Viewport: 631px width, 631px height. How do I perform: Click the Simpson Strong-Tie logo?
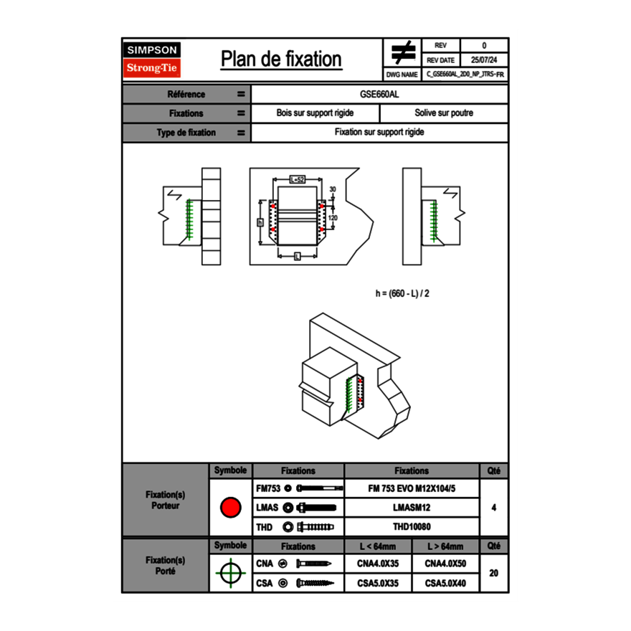(x=153, y=60)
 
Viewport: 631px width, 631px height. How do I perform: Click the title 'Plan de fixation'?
(x=281, y=59)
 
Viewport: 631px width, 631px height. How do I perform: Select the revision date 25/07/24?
(x=484, y=60)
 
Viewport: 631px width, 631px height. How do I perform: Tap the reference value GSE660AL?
(x=379, y=94)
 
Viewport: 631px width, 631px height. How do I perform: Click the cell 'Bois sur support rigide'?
(x=315, y=113)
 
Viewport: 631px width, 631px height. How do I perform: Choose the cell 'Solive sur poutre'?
(x=444, y=113)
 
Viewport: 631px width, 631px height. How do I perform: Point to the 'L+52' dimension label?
(x=298, y=179)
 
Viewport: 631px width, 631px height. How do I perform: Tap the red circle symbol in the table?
(x=230, y=508)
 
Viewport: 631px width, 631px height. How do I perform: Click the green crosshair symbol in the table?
(x=230, y=574)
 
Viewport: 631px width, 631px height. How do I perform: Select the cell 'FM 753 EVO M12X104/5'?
(x=412, y=489)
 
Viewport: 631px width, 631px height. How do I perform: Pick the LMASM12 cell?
(x=412, y=508)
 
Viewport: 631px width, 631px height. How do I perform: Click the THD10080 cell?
(x=412, y=527)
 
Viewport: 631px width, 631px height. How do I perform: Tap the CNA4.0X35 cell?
(x=378, y=564)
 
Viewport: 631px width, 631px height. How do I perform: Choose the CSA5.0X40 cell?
(x=445, y=584)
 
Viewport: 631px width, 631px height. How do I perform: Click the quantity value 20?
(x=493, y=574)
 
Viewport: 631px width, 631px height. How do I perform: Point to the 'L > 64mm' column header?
(x=445, y=546)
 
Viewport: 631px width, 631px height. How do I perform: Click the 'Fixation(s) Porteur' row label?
(x=166, y=500)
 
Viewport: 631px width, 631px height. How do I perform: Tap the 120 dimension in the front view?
(x=333, y=217)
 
